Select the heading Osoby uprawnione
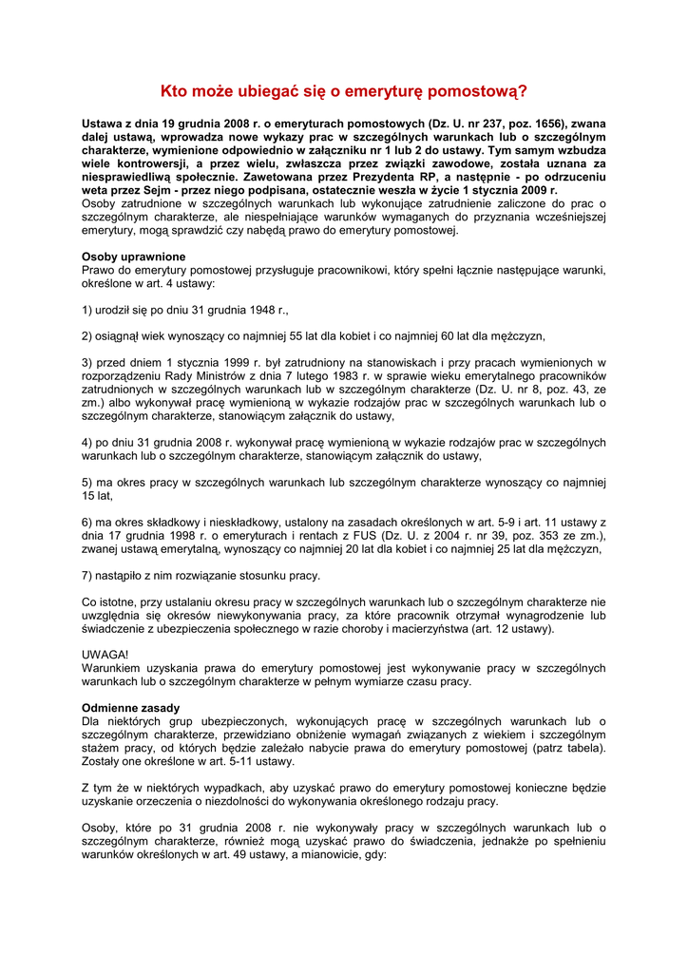coord(134,257)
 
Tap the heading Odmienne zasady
coord(130,708)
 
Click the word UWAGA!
coord(105,655)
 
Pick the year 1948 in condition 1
coord(258,310)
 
